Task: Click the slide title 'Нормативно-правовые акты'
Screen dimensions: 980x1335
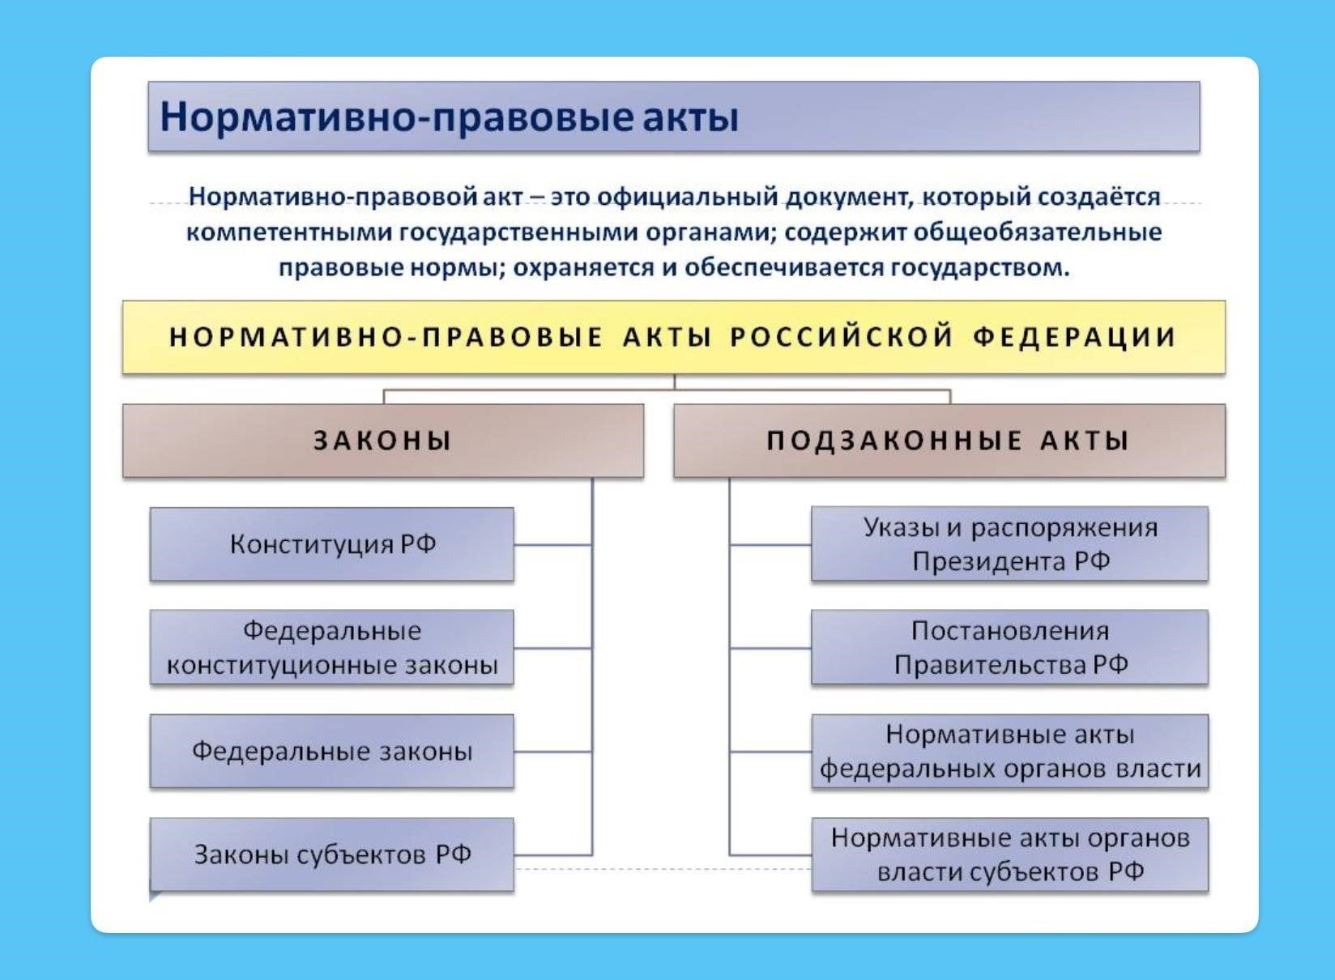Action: [x=449, y=117]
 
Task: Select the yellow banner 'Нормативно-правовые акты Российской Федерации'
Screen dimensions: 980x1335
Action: [x=673, y=337]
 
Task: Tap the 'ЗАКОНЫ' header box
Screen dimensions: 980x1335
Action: [x=382, y=441]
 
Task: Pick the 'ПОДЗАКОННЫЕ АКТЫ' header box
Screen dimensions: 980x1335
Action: [x=949, y=441]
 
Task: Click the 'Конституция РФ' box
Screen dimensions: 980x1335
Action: [x=332, y=544]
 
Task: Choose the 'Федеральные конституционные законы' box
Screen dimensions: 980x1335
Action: [x=332, y=648]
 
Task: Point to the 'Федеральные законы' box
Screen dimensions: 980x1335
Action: [x=332, y=752]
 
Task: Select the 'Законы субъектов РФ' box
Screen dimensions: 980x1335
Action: [x=332, y=855]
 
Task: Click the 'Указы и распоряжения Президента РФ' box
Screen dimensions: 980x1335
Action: [x=1009, y=544]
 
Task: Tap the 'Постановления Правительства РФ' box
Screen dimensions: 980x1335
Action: [x=1009, y=648]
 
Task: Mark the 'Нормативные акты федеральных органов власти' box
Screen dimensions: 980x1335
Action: [x=1009, y=752]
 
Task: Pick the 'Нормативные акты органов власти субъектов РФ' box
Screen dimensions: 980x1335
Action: [x=1009, y=855]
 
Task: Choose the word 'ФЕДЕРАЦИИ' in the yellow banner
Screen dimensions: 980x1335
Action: [x=1074, y=337]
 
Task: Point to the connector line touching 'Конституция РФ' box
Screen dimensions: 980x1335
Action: [x=552, y=544]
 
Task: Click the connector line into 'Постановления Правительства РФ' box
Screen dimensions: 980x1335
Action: [x=770, y=648]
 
